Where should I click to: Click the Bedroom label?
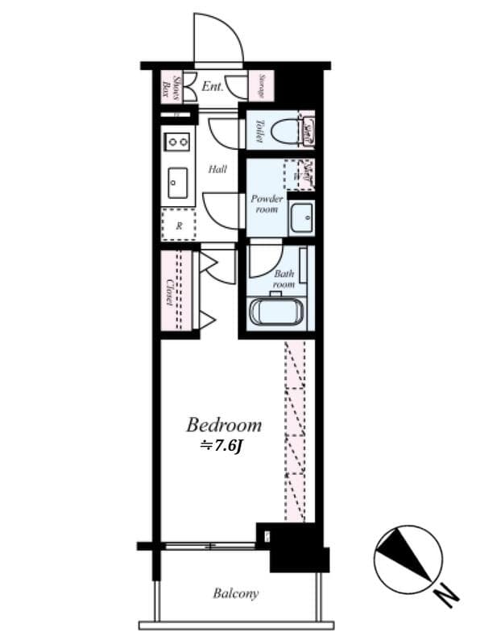coord(224,424)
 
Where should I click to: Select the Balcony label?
coord(236,594)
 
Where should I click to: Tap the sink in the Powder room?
coord(301,217)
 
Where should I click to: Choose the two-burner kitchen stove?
coord(177,142)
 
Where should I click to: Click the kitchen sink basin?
coord(177,183)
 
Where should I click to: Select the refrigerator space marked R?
coord(178,225)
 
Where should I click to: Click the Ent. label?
coord(212,86)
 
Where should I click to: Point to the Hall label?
coord(217,170)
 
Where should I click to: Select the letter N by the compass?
coord(445,597)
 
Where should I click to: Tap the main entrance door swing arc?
coord(218,36)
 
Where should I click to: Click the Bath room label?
coord(284,279)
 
